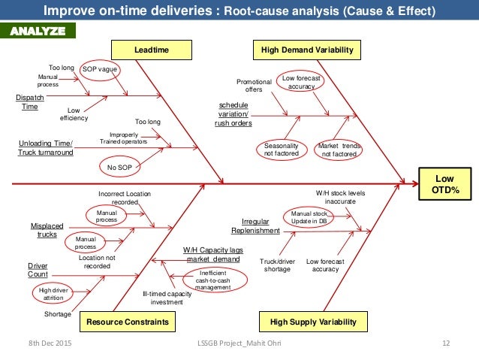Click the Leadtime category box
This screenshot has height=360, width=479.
click(x=151, y=50)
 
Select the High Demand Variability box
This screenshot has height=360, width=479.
click(x=305, y=50)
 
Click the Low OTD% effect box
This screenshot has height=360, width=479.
click(x=446, y=183)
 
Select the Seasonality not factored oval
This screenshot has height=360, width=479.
click(x=282, y=150)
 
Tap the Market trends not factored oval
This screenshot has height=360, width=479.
click(x=339, y=150)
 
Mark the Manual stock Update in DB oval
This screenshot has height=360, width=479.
click(x=309, y=218)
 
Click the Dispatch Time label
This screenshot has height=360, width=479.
click(x=28, y=102)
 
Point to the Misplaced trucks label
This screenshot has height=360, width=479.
click(x=47, y=230)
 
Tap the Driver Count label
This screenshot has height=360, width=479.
click(x=38, y=271)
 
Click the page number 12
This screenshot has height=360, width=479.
click(x=445, y=343)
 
